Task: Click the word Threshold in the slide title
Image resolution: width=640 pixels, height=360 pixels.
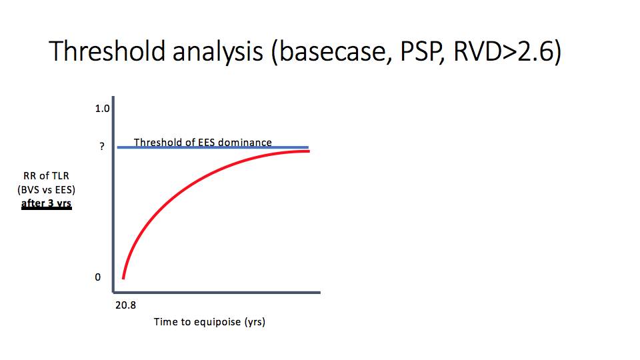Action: (x=107, y=51)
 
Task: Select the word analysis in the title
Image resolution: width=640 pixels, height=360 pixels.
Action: (x=217, y=52)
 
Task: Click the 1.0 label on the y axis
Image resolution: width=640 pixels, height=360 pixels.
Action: (x=102, y=109)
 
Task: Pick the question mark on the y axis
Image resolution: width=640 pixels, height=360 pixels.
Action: (x=102, y=146)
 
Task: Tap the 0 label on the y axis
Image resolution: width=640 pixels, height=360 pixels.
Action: (x=97, y=277)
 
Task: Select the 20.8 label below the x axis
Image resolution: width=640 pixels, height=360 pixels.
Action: (x=126, y=305)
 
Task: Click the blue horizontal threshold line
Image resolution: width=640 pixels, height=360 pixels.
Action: (x=213, y=147)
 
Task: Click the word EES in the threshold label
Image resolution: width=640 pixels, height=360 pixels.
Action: (x=207, y=142)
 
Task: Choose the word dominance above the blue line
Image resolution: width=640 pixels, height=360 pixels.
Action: (x=245, y=142)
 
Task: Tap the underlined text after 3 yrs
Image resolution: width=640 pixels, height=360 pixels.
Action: (x=46, y=203)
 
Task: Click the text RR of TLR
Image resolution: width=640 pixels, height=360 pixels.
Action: (x=46, y=176)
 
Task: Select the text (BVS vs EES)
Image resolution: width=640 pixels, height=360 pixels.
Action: (x=46, y=190)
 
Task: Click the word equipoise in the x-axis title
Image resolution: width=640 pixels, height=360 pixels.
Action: (x=217, y=322)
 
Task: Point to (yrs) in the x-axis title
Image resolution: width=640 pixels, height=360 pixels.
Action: (x=255, y=322)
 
